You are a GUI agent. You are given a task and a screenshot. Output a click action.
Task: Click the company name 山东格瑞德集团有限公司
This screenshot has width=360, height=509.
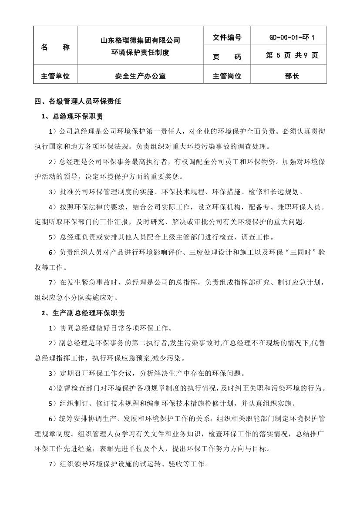(140, 40)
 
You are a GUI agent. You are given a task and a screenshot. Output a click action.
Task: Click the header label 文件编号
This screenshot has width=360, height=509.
(227, 37)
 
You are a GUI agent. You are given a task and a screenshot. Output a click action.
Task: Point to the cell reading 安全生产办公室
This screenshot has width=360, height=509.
(140, 76)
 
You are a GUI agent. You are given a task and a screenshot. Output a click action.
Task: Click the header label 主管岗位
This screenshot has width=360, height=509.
(227, 76)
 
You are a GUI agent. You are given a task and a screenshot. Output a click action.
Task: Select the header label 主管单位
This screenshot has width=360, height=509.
(55, 76)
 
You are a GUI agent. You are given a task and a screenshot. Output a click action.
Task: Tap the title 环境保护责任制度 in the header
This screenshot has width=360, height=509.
(140, 52)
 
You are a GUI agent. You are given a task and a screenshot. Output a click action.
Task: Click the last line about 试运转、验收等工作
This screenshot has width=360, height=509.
(129, 464)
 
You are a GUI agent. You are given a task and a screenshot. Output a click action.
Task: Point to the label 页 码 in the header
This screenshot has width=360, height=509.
(227, 57)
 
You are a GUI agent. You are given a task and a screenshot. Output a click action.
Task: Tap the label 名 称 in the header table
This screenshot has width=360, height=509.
(55, 47)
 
